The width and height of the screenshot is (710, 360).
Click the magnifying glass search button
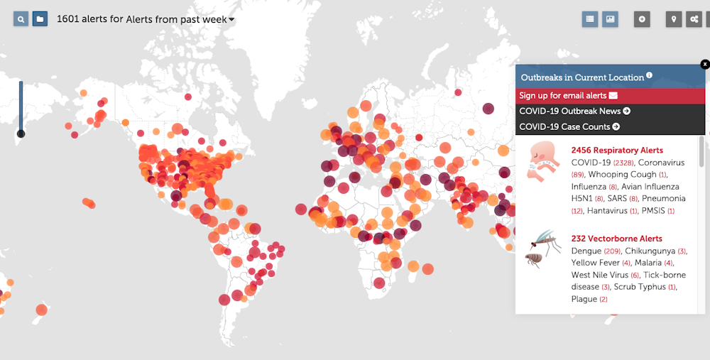tap(21, 19)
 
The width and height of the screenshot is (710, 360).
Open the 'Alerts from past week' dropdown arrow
tap(231, 20)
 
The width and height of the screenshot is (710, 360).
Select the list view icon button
tap(589, 19)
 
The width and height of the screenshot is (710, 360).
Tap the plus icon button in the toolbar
tap(642, 19)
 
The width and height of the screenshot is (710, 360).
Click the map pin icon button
tap(674, 19)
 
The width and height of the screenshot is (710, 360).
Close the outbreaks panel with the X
tap(705, 65)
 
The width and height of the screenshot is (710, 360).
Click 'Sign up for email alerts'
tap(568, 96)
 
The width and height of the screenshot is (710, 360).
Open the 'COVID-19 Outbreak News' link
tap(574, 111)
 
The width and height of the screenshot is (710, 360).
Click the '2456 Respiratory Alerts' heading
tap(617, 151)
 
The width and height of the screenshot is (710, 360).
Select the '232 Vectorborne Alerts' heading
tap(616, 239)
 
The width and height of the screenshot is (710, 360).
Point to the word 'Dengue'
tap(586, 251)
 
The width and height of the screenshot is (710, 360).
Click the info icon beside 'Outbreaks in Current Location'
tap(649, 77)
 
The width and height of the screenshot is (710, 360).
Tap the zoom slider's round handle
tap(21, 133)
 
